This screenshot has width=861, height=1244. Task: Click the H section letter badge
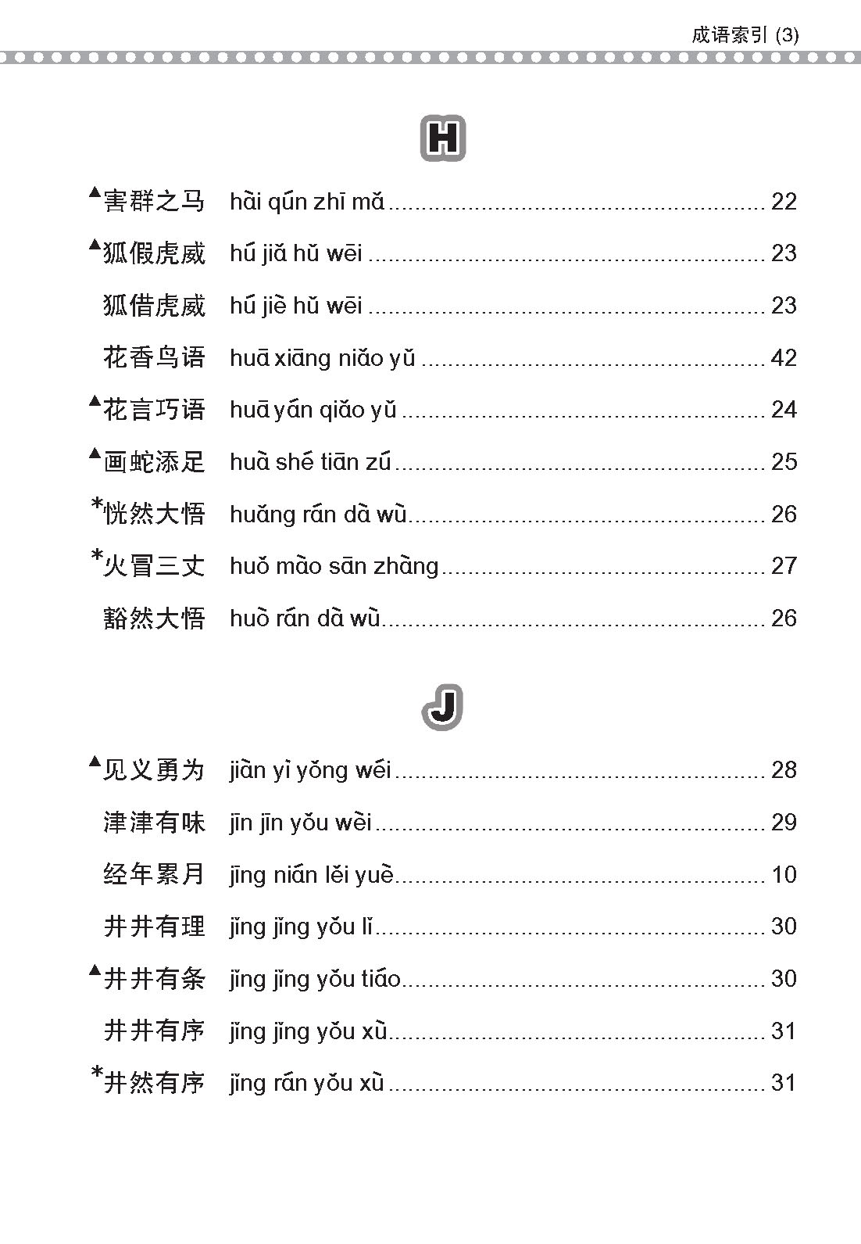(x=443, y=138)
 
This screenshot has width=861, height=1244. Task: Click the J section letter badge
(x=443, y=708)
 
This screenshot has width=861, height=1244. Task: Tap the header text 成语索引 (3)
(x=745, y=36)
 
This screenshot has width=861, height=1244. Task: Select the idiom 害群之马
(x=154, y=202)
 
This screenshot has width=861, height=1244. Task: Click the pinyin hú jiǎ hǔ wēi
(x=296, y=253)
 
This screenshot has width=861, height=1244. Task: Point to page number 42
(x=784, y=357)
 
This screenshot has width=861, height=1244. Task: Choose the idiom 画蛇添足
(x=154, y=462)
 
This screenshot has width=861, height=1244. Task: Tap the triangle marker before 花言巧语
(x=95, y=402)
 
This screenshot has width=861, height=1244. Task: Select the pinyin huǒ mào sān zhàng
(x=334, y=566)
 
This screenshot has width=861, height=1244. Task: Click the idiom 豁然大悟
(x=154, y=618)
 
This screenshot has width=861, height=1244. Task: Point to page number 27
(x=784, y=565)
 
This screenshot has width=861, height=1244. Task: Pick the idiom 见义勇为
(x=154, y=770)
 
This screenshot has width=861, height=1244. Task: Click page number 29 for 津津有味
(x=784, y=822)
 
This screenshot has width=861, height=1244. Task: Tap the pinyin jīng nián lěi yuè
(x=312, y=874)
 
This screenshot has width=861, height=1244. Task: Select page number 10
(x=784, y=874)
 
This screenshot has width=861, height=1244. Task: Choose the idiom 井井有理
(x=154, y=927)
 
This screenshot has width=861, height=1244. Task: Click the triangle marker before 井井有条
(x=95, y=971)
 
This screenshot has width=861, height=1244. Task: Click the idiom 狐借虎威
(x=154, y=306)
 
